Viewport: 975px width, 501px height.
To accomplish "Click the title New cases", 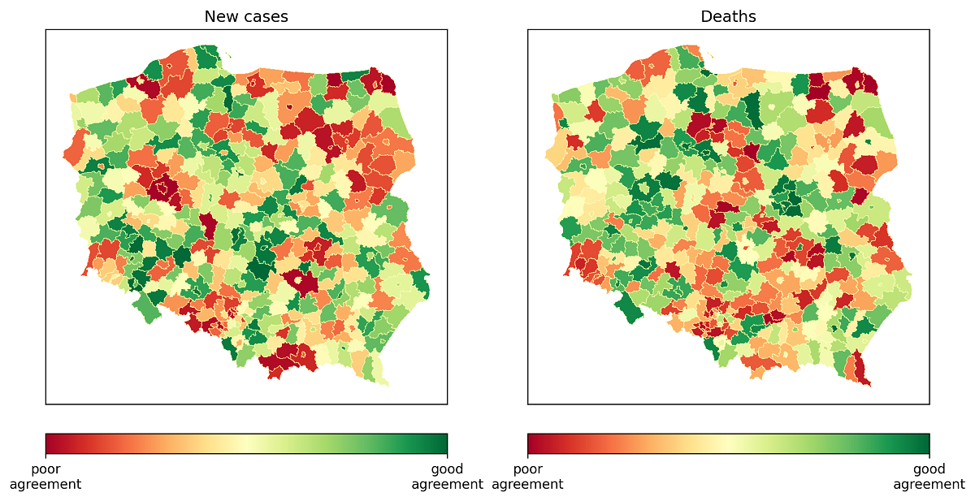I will point(245,16).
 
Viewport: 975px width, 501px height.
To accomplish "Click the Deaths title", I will point(728,16).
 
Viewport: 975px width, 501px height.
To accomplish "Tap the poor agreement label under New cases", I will point(45,477).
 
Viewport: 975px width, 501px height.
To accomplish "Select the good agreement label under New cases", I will point(447,477).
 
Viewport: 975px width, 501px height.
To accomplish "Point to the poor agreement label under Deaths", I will point(527,477).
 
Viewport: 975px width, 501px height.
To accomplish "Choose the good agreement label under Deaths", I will point(929,477).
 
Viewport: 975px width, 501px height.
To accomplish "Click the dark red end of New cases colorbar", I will point(49,443).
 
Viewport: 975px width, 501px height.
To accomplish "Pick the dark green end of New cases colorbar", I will point(444,443).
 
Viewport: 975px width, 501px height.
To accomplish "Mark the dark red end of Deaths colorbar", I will point(531,443).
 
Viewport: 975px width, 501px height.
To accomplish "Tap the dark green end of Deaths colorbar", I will point(925,443).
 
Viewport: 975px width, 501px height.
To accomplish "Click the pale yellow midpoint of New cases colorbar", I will point(246,443).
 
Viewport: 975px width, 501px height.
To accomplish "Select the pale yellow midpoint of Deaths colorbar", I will point(728,443).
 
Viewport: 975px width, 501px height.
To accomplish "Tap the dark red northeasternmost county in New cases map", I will point(387,83).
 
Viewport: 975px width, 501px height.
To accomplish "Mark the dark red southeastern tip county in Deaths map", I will point(862,372).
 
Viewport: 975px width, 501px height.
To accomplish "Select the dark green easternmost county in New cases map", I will point(422,283).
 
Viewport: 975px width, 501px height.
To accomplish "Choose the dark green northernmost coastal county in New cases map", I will point(208,57).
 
